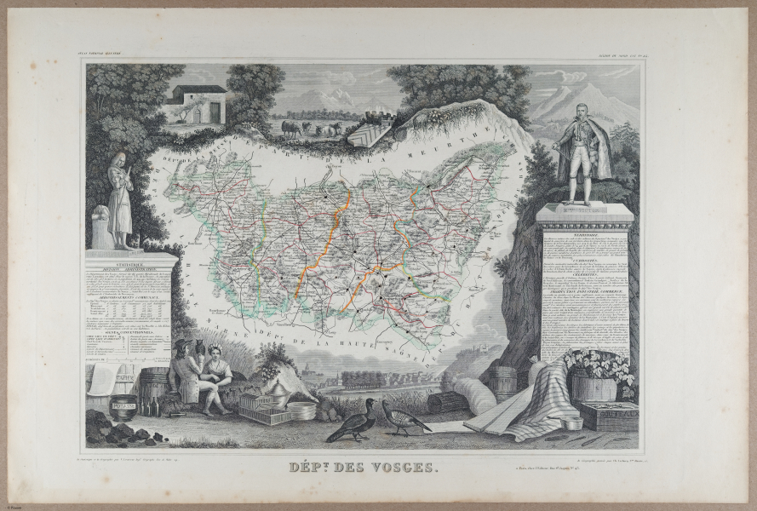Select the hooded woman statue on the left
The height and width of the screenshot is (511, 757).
pyautogui.click(x=119, y=202)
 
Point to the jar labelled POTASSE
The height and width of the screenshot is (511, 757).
pyautogui.click(x=123, y=407)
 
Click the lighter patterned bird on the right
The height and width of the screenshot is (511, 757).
pyautogui.click(x=404, y=417)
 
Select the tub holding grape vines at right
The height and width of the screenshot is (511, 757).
pyautogui.click(x=594, y=388)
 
